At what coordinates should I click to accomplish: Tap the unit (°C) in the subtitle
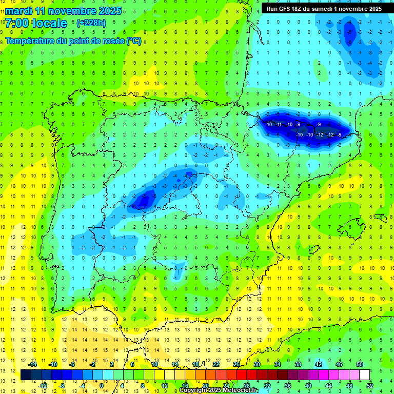point(134,41)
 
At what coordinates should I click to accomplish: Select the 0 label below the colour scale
point(101,385)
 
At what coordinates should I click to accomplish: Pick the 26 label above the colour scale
point(237,364)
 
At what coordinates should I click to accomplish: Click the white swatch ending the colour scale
point(365,375)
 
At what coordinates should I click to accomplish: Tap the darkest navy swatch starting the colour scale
point(26,375)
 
